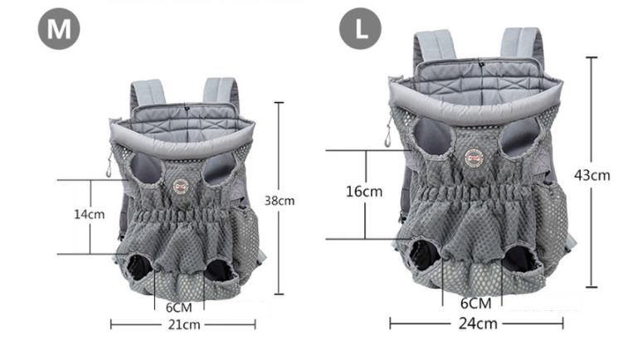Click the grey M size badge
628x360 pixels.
(x=59, y=29)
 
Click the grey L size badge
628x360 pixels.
(x=360, y=28)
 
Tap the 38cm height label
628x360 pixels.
(x=279, y=200)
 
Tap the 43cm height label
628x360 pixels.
(x=592, y=175)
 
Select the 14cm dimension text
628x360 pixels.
(x=90, y=214)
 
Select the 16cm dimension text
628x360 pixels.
(x=364, y=192)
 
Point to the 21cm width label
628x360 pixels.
(x=184, y=324)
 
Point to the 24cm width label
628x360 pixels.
(x=478, y=324)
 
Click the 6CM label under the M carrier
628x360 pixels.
(x=179, y=308)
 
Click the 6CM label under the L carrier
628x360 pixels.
(x=476, y=303)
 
